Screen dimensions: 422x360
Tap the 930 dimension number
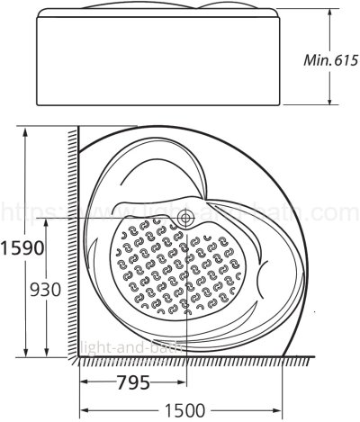click(45, 290)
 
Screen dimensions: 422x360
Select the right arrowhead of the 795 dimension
click(184, 381)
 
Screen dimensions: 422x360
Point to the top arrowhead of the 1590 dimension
click(23, 130)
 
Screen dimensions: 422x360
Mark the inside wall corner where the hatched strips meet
click(78, 356)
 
